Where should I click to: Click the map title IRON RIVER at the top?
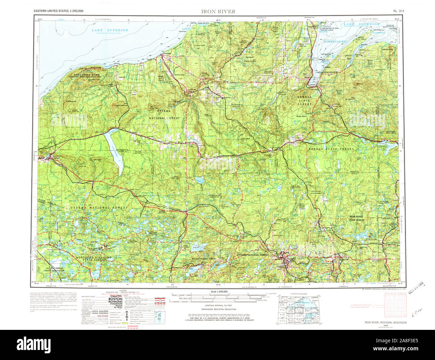pyautogui.click(x=218, y=11)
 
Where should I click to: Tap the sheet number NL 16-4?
pyautogui.click(x=399, y=11)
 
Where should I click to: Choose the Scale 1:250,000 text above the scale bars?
pyautogui.click(x=220, y=292)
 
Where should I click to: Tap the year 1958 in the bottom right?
pyautogui.click(x=385, y=325)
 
